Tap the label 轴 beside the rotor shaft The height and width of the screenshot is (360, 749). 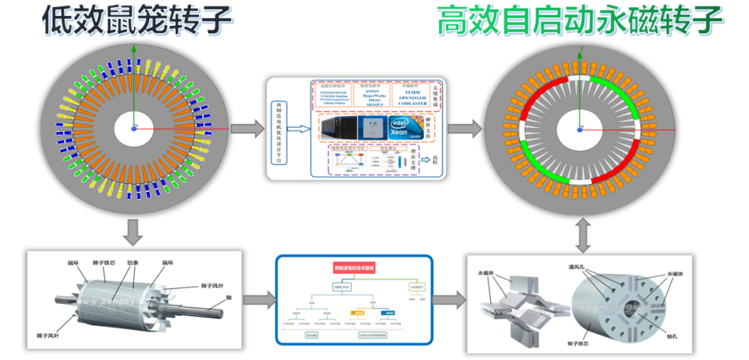coord(228,298)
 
